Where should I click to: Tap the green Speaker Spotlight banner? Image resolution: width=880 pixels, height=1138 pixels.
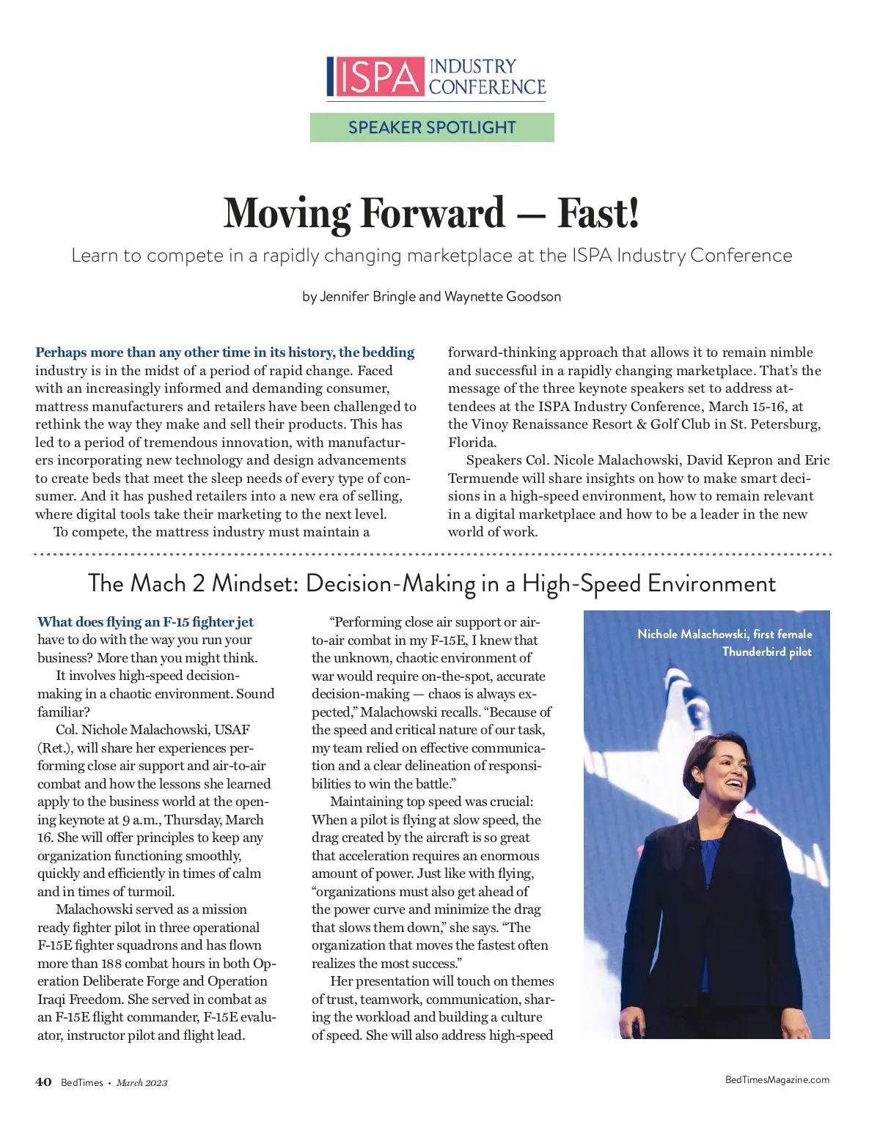432,128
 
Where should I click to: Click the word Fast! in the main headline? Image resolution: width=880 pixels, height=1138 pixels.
598,213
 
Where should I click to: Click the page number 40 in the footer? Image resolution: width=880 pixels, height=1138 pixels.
43,1082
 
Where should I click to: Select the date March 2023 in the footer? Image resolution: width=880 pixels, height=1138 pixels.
142,1083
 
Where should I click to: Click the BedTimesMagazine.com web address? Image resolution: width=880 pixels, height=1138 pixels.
777,1079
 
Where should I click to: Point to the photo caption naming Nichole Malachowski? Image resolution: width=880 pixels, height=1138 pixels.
725,643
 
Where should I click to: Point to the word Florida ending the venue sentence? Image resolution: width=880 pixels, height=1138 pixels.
472,443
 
